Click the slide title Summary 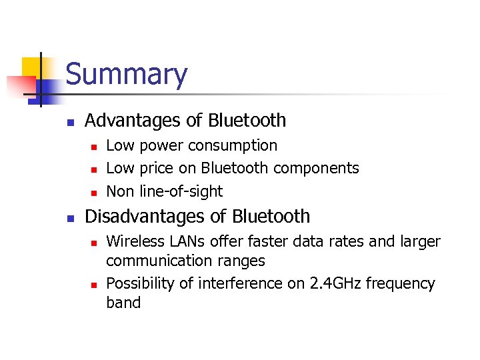[127, 75]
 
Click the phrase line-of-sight [181, 191]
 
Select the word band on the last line [123, 303]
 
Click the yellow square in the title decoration [33, 67]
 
